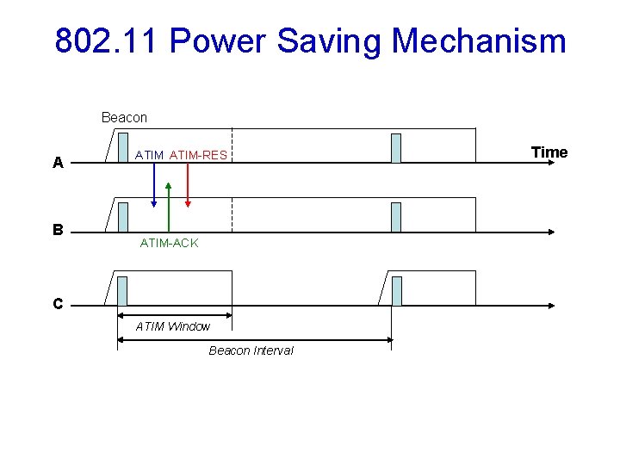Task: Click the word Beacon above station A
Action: tap(124, 117)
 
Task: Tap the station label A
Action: tap(58, 162)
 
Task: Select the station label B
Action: tap(58, 230)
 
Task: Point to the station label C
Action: tap(58, 304)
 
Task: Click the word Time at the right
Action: tap(549, 152)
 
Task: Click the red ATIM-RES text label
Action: tap(199, 155)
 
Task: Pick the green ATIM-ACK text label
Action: tap(169, 244)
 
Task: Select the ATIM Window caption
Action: tap(173, 326)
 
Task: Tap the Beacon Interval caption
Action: tap(251, 350)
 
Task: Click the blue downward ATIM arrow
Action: tap(154, 185)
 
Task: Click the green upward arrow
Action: tap(169, 207)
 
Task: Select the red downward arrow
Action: tap(188, 185)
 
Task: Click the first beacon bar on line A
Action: tap(123, 148)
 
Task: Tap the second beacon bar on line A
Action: tap(396, 148)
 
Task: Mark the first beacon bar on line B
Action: tap(123, 217)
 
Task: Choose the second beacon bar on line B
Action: tap(396, 217)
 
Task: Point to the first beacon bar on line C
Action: tap(122, 291)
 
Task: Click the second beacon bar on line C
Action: tap(397, 291)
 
